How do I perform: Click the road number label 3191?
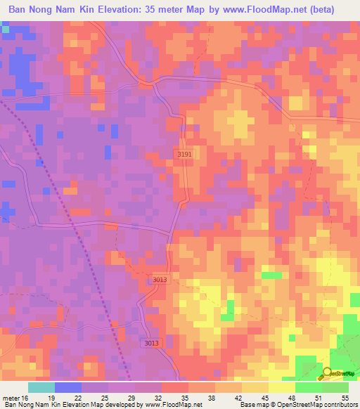click(x=184, y=153)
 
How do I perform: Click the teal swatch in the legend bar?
click(x=41, y=387)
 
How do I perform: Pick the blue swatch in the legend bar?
click(x=67, y=387)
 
